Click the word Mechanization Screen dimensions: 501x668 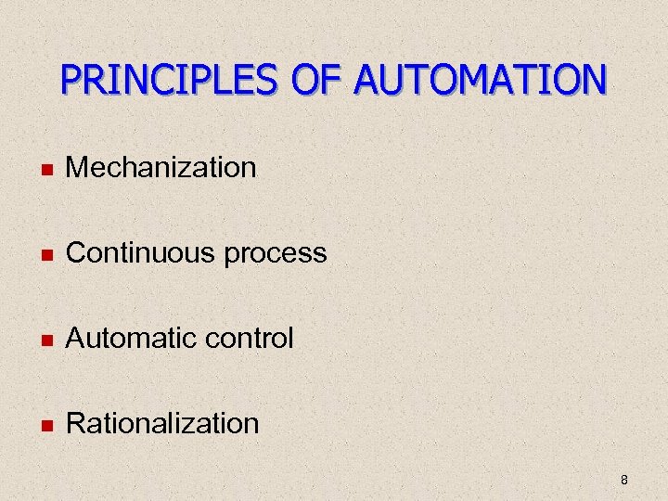(x=161, y=168)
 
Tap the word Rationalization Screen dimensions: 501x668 (x=163, y=423)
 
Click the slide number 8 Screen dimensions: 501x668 (x=624, y=480)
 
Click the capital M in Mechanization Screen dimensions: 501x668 (x=78, y=168)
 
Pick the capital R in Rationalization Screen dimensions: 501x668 (x=77, y=423)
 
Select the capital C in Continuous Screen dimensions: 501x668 (x=77, y=252)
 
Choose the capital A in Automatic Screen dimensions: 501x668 (x=76, y=338)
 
